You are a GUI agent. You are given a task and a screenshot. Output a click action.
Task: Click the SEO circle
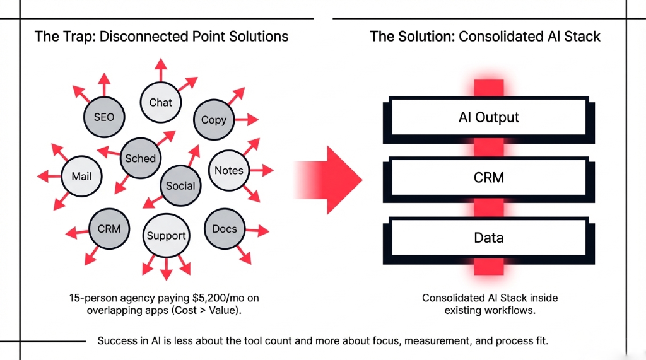point(104,117)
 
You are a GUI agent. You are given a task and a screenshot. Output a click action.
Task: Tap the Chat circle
point(160,102)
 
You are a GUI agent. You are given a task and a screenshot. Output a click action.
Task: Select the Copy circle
point(213,120)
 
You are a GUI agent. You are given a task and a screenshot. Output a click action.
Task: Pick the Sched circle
point(140,158)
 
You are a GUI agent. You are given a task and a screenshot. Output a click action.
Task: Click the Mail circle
point(81,177)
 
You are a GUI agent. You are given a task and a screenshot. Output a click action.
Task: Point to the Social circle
point(180,185)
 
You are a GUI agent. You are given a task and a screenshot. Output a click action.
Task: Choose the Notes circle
point(228,170)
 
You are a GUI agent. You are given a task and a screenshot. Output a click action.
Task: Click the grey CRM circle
point(109,229)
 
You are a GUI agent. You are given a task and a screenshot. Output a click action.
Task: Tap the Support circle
point(166,235)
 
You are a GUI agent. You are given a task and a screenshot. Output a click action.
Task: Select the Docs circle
point(225,228)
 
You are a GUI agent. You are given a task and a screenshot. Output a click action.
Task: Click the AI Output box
point(489,117)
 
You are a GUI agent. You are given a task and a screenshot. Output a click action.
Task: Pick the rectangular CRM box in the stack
point(489,178)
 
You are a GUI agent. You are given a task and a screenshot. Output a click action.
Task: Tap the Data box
point(489,238)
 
